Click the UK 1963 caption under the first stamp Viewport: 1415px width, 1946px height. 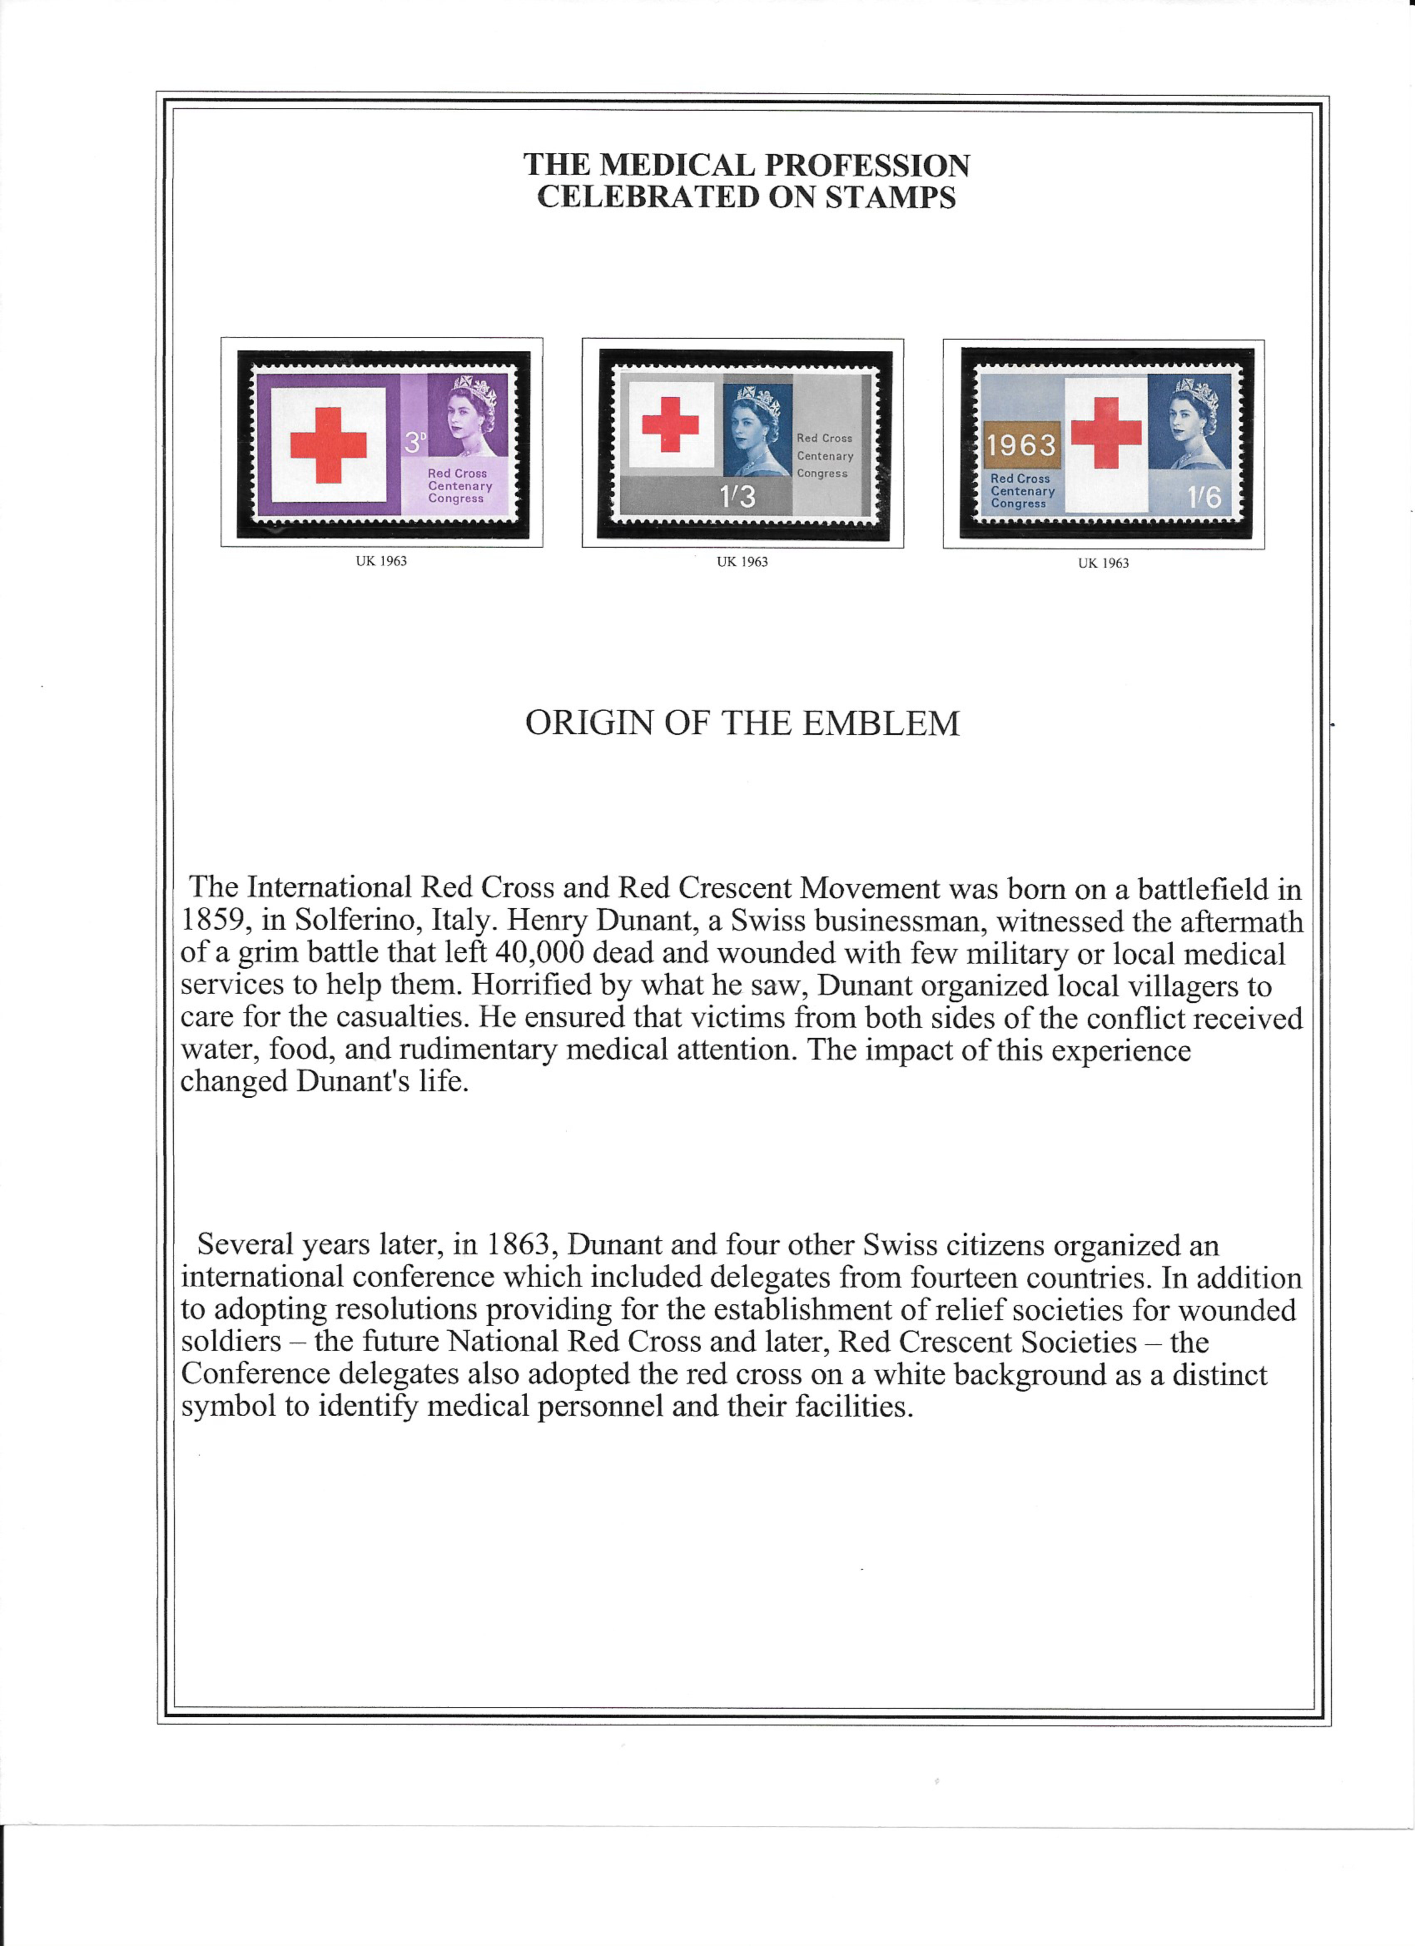(381, 561)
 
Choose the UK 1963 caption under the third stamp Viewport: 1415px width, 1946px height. (1104, 563)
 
